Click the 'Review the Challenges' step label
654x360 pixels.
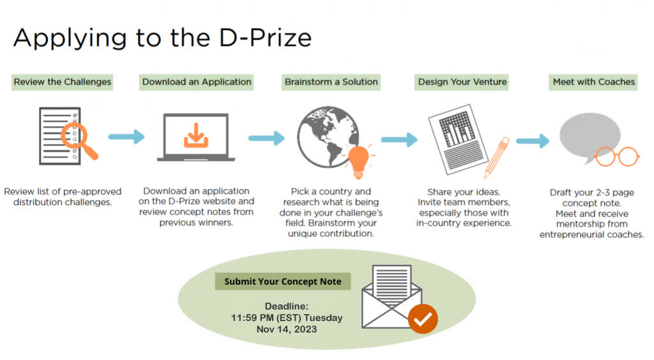62,82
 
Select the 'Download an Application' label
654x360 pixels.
197,82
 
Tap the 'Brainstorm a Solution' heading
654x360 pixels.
331,82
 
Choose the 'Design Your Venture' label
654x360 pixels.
462,82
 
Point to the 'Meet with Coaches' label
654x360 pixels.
593,82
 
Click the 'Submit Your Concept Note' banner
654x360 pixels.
283,281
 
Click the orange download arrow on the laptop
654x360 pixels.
195,135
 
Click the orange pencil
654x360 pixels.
498,156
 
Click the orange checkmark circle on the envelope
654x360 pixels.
423,319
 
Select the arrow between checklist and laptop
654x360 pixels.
126,137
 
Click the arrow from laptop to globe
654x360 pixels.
266,138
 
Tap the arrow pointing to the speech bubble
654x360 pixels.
533,141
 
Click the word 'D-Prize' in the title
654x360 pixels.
265,38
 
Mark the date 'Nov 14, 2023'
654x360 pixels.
287,329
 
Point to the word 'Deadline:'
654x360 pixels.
287,306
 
